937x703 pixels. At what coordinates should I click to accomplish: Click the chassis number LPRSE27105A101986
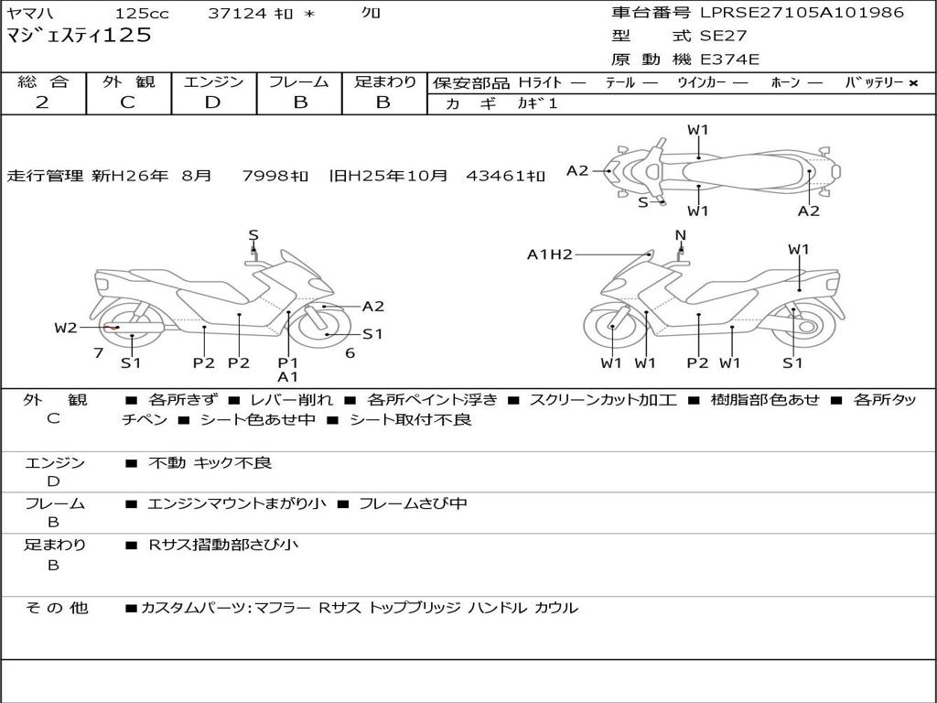802,13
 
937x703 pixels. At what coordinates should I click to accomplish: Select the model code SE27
723,37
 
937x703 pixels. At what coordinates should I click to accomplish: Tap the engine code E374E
729,60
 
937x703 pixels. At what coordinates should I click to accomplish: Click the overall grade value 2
42,103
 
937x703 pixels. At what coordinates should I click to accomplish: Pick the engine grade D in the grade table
212,103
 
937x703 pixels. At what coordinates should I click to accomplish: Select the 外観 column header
128,82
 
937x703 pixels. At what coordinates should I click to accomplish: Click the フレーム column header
299,82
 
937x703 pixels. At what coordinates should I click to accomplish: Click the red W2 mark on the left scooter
112,328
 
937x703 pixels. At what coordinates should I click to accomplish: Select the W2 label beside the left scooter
66,328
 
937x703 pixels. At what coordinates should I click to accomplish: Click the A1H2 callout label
550,254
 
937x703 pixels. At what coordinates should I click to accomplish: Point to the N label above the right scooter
680,235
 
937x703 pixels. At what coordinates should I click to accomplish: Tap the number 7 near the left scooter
98,353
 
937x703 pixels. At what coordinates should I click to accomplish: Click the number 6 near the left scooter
350,353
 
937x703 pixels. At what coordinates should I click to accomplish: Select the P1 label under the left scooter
288,362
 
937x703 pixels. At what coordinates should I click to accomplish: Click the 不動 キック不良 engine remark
210,463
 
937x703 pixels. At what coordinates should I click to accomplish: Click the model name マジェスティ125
79,37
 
